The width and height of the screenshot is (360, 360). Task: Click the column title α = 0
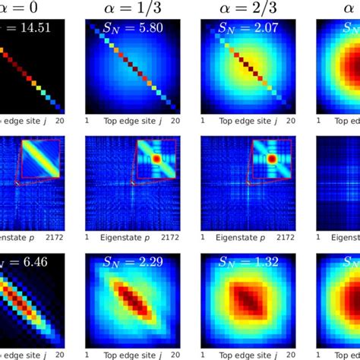(x=30, y=10)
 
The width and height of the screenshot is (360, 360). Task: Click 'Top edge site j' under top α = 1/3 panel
(x=131, y=120)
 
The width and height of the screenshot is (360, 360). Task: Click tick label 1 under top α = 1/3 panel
(x=88, y=120)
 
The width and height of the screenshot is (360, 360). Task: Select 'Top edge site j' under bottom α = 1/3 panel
(x=131, y=354)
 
